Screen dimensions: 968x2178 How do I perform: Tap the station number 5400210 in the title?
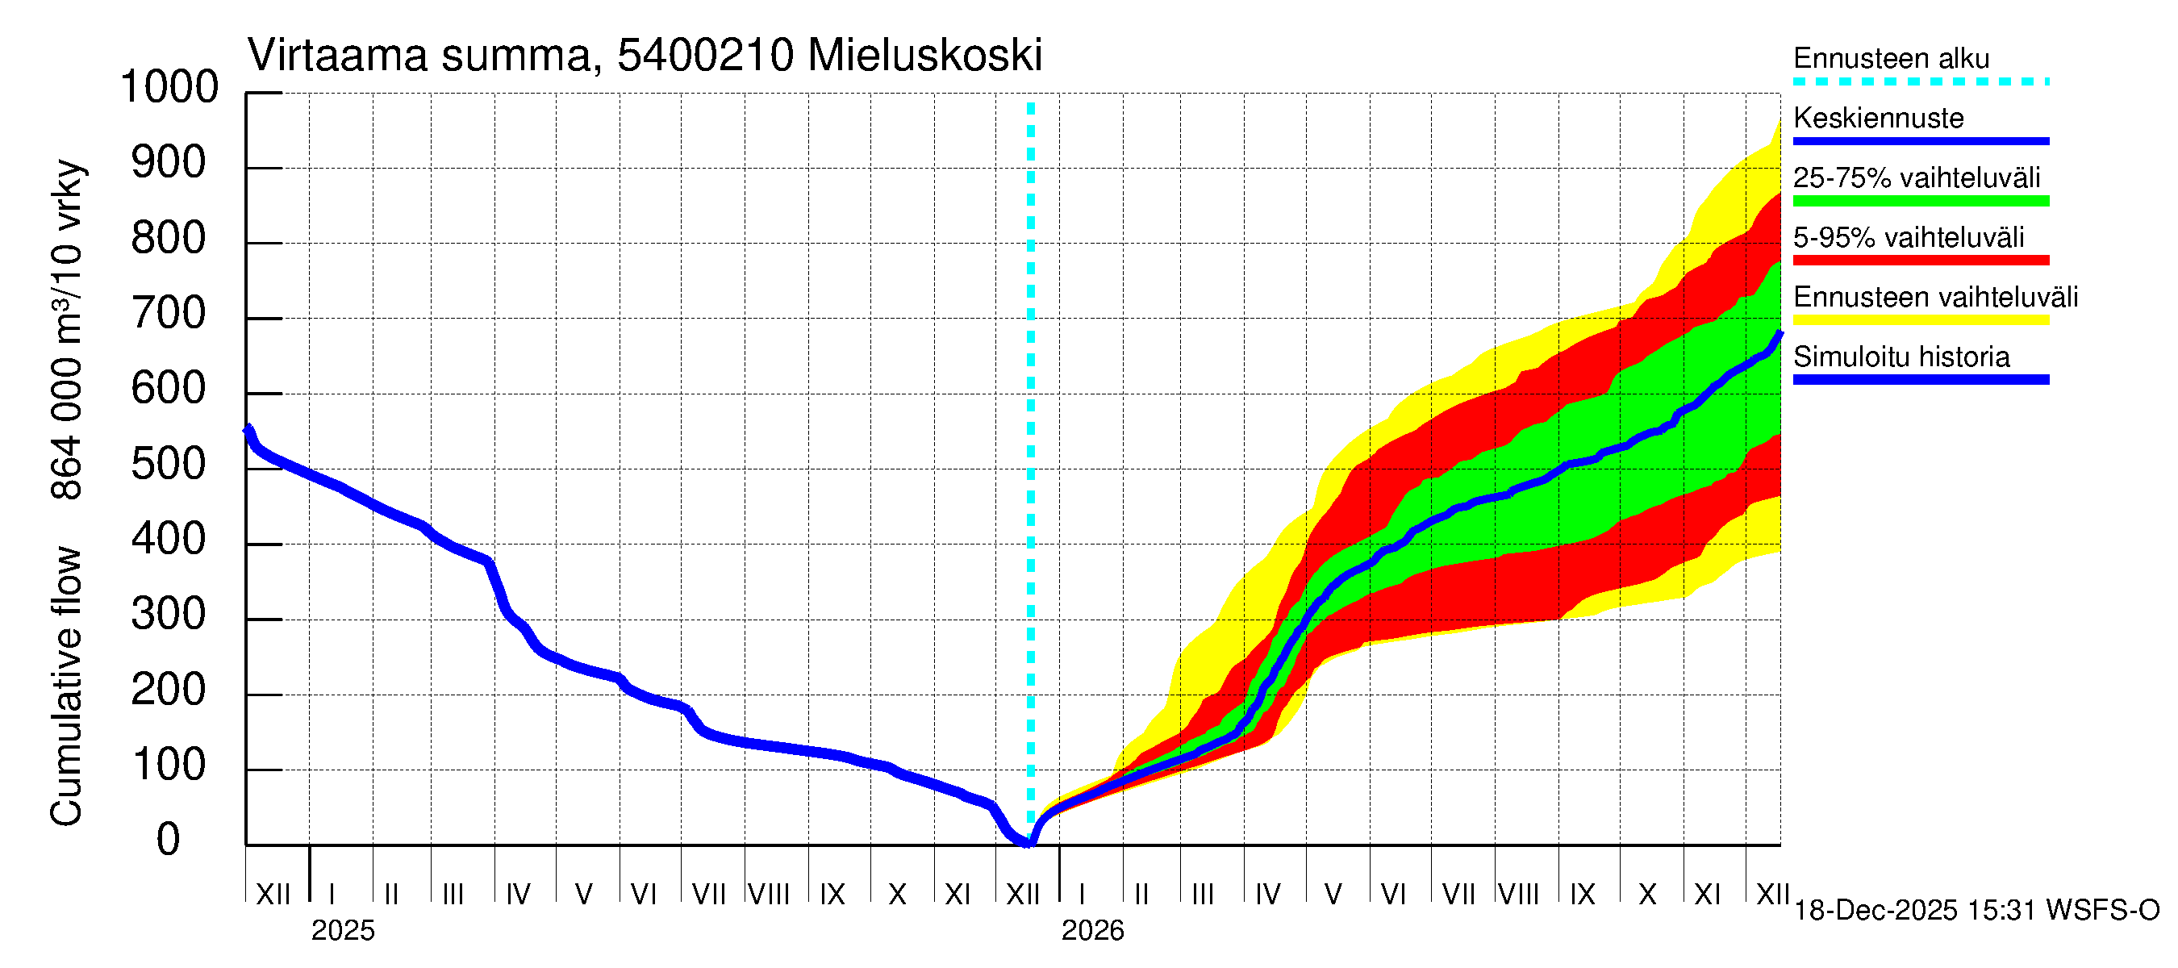[x=705, y=56]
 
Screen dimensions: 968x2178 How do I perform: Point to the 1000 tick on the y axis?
[x=170, y=87]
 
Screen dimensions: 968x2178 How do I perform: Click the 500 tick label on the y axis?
[x=169, y=464]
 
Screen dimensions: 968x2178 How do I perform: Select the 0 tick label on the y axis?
[x=169, y=840]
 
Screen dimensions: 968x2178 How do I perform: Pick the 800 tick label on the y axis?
[x=169, y=239]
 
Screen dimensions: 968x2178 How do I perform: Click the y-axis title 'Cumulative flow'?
[x=66, y=686]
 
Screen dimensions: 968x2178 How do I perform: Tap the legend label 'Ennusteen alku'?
[x=1891, y=58]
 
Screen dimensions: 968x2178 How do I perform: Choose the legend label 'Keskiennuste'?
[x=1878, y=119]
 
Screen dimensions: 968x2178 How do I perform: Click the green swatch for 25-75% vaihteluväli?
[x=1920, y=201]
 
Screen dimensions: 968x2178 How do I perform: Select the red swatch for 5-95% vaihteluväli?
[x=1920, y=261]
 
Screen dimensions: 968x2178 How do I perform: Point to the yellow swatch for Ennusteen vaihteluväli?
[x=1920, y=320]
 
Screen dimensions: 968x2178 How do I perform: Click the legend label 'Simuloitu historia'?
[x=1901, y=357]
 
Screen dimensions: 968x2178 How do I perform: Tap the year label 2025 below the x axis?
[x=342, y=931]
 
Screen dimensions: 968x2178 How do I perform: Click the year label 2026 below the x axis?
[x=1092, y=931]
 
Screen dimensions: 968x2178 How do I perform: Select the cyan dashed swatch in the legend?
[x=1920, y=82]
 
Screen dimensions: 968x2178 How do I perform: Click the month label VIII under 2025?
[x=770, y=895]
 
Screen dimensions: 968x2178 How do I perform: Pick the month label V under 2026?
[x=1333, y=895]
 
